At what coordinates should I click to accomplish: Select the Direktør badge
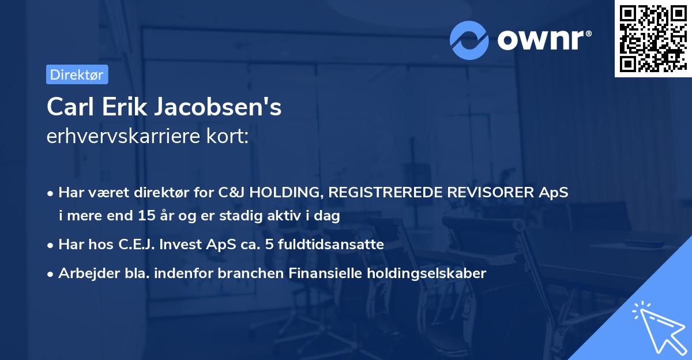77,74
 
